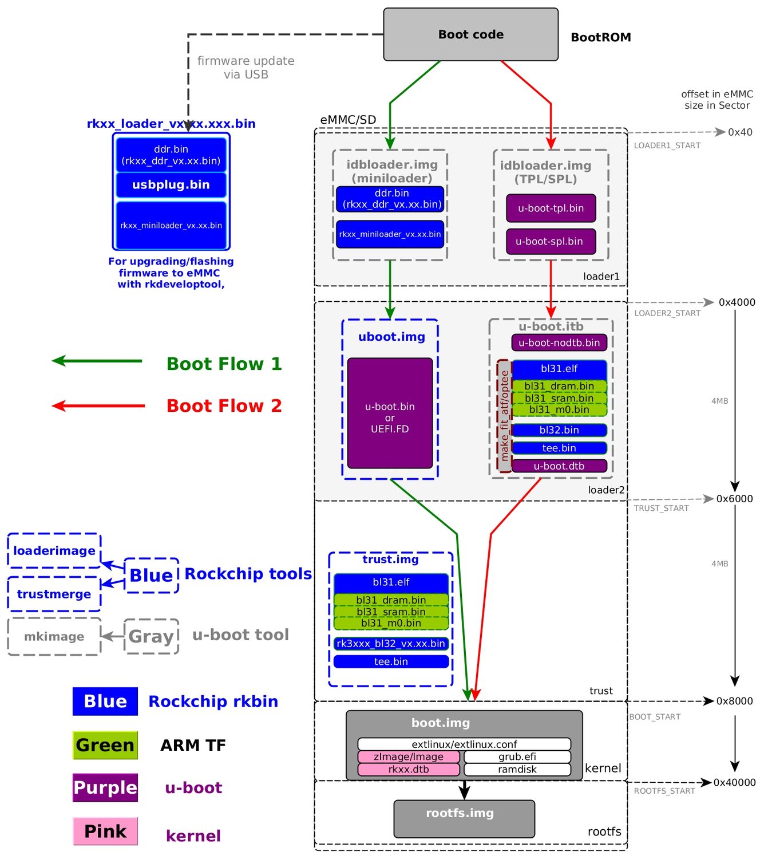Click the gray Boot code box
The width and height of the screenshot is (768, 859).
470,34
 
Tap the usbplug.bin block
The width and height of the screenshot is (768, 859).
171,185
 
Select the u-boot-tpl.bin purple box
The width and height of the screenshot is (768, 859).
551,208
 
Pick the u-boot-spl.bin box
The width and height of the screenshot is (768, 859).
551,242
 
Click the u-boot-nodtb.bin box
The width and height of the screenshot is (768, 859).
559,343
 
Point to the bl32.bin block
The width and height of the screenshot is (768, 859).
559,430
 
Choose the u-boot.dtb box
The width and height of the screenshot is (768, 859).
559,466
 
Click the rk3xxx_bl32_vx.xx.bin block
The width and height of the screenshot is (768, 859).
391,644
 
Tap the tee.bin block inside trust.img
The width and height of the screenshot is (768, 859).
391,662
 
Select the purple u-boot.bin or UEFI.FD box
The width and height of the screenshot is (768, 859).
390,413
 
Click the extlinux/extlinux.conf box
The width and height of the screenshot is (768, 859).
464,744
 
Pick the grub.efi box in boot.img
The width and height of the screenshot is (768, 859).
517,757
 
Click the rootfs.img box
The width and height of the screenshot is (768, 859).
464,819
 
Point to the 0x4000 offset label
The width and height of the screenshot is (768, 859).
737,302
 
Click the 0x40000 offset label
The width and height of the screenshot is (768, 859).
734,783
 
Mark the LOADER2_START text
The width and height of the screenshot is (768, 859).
667,313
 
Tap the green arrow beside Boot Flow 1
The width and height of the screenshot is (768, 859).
97,361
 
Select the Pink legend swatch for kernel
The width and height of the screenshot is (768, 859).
105,832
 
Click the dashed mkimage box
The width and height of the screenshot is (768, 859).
54,637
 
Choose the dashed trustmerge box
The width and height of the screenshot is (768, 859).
54,594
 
